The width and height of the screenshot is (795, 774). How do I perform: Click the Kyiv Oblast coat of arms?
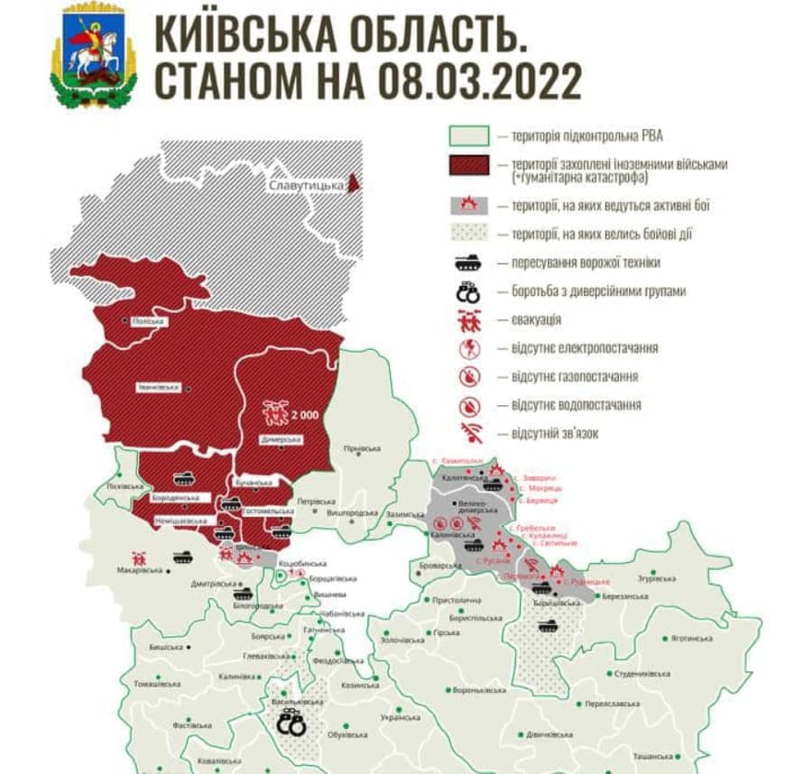click(94, 55)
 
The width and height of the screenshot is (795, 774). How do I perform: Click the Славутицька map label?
click(307, 186)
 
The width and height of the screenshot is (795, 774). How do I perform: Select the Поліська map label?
click(145, 321)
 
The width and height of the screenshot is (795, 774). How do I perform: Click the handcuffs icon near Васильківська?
click(291, 723)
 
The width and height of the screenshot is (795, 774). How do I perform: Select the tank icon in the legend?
click(467, 263)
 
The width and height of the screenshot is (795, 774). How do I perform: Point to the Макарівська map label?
click(140, 570)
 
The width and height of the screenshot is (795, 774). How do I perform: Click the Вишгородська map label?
click(347, 511)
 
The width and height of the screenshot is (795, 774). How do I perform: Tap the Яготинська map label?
click(691, 638)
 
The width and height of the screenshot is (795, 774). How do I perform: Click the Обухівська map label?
click(349, 734)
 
